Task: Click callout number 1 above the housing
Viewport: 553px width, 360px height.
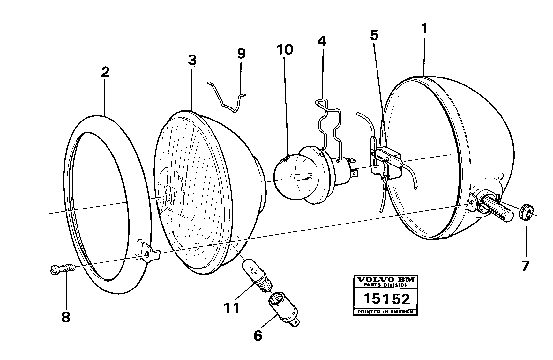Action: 424,30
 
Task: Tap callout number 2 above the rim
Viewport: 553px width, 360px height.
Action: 105,72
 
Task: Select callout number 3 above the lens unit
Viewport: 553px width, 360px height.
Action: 192,60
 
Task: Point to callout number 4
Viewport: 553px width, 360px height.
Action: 322,41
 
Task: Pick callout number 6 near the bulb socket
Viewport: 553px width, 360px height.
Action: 258,335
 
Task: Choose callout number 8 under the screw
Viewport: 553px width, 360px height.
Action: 66,317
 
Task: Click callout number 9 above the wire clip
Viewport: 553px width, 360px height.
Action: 241,54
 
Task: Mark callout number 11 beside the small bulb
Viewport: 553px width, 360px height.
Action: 231,308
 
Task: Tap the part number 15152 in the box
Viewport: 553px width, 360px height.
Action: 387,299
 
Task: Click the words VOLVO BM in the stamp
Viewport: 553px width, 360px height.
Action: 386,280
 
